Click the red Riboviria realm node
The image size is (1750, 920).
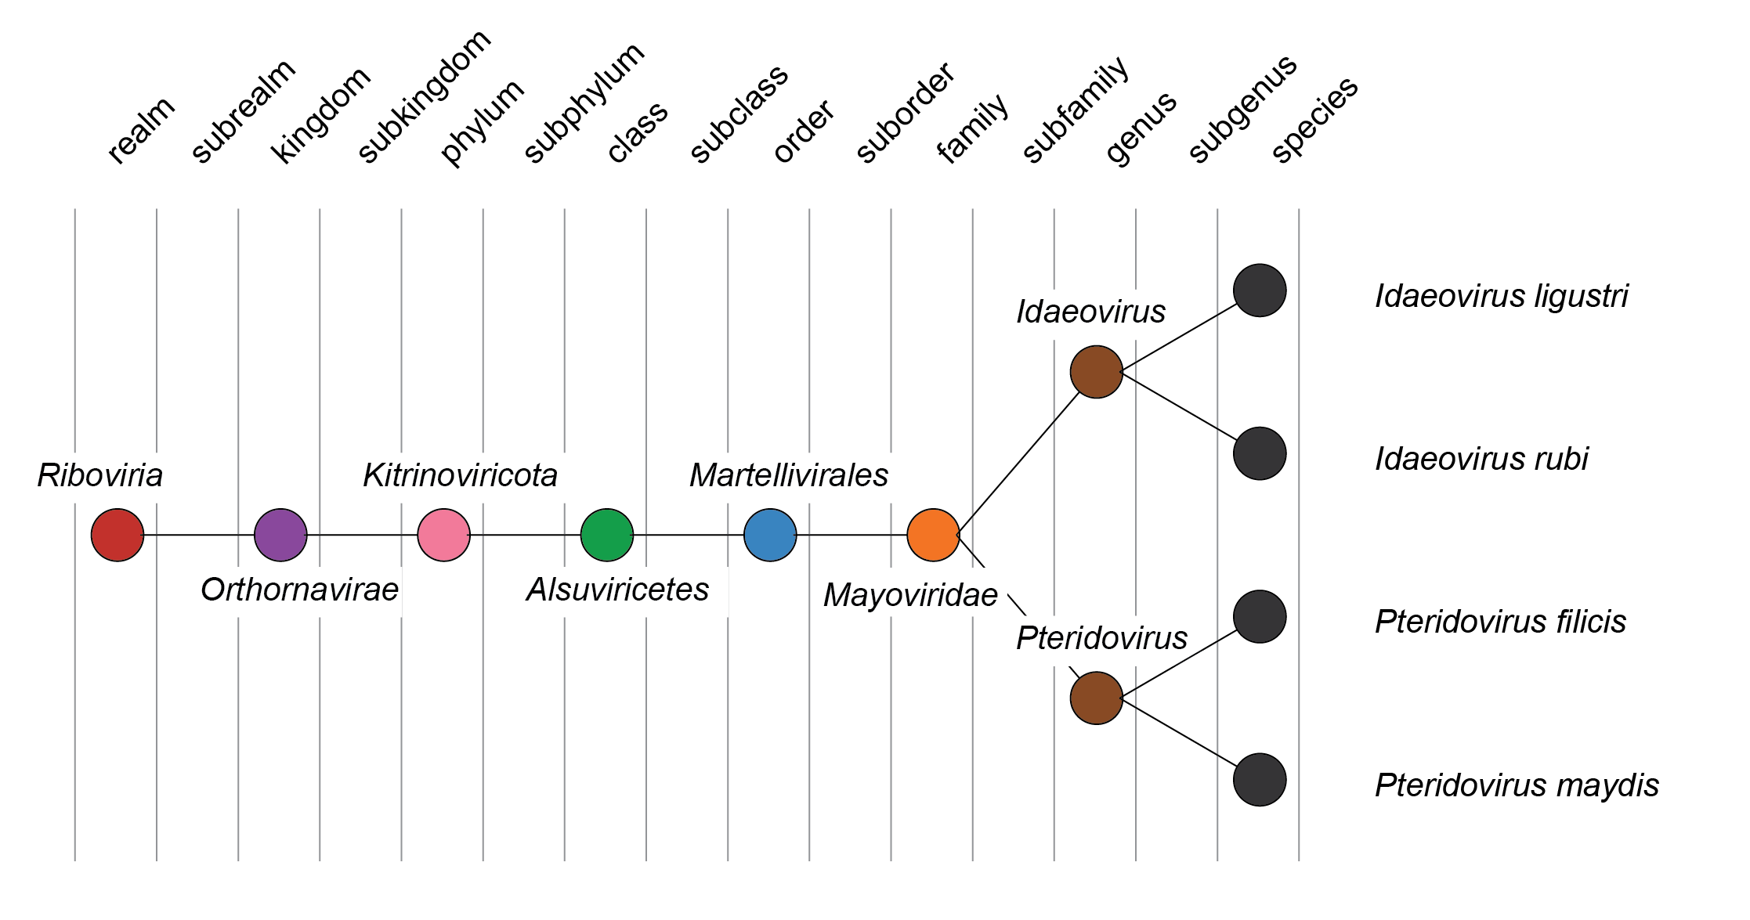118,535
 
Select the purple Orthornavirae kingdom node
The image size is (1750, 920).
280,535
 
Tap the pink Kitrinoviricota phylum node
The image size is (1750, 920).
443,535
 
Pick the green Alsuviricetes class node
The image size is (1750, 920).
607,535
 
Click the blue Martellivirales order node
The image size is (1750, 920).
770,535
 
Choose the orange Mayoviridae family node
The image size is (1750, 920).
933,535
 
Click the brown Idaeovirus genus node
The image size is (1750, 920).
1096,372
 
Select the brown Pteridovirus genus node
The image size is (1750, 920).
1096,698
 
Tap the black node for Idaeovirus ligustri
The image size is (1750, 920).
1260,290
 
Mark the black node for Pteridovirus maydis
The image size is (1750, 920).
1260,780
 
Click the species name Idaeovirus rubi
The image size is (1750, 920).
1481,459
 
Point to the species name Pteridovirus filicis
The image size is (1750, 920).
1500,622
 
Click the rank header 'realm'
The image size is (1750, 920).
141,131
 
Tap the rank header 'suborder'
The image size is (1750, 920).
905,113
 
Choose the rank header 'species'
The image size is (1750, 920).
1314,120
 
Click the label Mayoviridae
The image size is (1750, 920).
910,596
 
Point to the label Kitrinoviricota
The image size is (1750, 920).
460,475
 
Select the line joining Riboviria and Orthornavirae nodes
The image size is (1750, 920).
199,535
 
